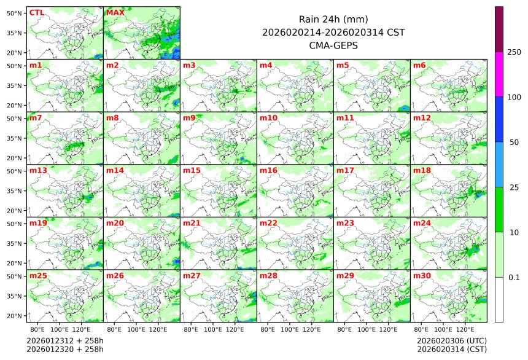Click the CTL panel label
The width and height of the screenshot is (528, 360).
point(36,12)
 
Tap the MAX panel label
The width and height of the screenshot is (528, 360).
point(115,12)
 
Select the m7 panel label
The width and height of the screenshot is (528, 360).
point(36,117)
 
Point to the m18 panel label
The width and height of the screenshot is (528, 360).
point(421,170)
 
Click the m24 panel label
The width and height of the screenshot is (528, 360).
point(421,223)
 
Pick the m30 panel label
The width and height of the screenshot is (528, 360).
point(421,276)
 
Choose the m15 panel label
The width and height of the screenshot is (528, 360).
point(191,170)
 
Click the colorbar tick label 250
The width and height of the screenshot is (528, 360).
point(514,52)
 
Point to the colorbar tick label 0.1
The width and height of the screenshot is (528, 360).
point(514,278)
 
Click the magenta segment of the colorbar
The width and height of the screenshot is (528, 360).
point(499,74)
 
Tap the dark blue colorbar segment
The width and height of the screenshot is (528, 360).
point(499,119)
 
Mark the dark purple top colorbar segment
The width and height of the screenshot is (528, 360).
point(499,29)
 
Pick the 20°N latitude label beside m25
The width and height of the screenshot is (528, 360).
point(15,316)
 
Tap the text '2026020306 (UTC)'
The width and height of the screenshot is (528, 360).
point(451,340)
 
